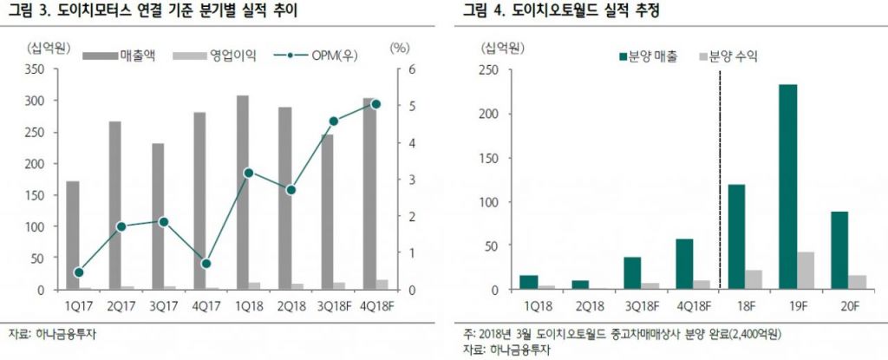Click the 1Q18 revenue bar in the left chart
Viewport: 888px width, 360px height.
[243, 192]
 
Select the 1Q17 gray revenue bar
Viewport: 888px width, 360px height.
[73, 234]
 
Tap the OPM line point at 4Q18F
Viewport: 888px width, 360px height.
[375, 104]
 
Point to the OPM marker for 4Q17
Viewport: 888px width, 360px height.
[206, 264]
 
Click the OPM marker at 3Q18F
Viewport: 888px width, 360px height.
[333, 121]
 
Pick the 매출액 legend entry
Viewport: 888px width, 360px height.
[122, 56]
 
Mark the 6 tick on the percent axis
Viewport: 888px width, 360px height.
[401, 69]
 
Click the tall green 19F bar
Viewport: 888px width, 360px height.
[787, 187]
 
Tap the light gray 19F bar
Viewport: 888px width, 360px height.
[806, 271]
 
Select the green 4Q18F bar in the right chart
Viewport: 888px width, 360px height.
[684, 264]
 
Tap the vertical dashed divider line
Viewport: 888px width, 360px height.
[720, 173]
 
